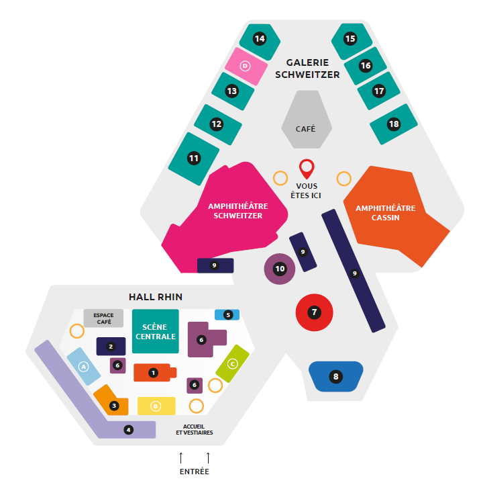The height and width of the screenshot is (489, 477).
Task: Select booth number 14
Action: (260, 40)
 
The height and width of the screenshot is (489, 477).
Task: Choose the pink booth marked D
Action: (245, 66)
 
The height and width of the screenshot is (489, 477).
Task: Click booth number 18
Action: (393, 124)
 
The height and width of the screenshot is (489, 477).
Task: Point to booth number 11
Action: (194, 159)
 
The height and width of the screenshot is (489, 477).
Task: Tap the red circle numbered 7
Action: (314, 312)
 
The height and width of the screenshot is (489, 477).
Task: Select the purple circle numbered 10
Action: (280, 269)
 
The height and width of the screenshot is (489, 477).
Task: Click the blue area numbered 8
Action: (335, 377)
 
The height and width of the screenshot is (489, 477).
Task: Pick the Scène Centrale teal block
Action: (156, 331)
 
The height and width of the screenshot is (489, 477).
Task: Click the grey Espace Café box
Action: (103, 318)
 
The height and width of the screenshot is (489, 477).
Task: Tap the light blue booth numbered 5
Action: (227, 314)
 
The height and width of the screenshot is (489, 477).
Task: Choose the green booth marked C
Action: (233, 363)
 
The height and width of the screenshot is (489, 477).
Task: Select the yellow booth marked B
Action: (156, 406)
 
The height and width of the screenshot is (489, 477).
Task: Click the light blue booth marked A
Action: (84, 367)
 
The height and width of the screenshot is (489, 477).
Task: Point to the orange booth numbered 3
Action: (112, 402)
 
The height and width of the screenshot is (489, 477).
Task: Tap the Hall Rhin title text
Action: (156, 296)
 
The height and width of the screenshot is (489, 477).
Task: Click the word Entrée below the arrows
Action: (194, 472)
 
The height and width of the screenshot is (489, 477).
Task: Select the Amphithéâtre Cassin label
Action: (386, 213)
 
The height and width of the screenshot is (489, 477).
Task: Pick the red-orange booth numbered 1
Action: (154, 372)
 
